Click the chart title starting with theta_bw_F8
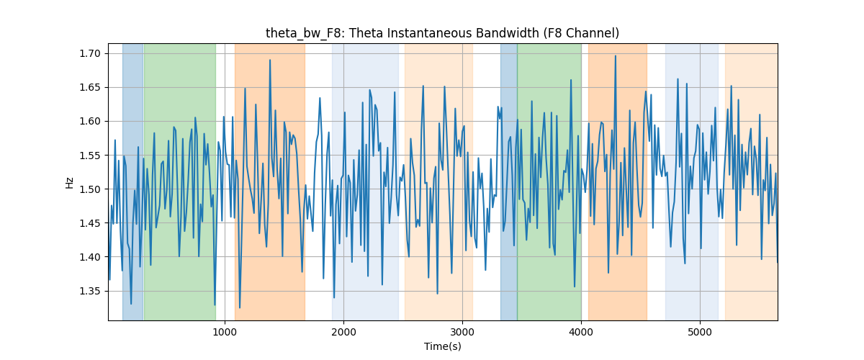click(442, 33)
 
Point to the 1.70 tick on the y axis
click(90, 53)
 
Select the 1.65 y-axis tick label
click(90, 87)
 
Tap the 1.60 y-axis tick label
click(90, 121)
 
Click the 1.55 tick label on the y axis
click(90, 155)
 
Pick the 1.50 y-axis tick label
click(90, 189)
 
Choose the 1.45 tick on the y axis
click(90, 223)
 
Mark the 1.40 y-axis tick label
click(90, 257)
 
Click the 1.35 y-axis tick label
click(90, 291)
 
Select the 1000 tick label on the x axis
click(225, 332)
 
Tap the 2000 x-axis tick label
click(343, 332)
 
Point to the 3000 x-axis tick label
click(462, 332)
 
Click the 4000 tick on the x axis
click(581, 332)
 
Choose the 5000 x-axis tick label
click(700, 332)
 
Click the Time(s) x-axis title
click(442, 346)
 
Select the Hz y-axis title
click(69, 183)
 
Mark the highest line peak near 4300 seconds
click(616, 55)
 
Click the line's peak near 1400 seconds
click(270, 60)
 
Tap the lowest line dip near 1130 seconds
click(240, 307)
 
